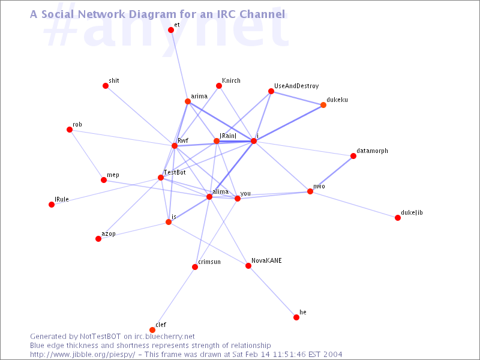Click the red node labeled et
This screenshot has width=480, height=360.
[171, 30]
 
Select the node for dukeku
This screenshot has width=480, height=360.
[323, 105]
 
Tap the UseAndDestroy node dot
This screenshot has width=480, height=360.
[271, 91]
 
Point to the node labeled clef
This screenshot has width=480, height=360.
[152, 330]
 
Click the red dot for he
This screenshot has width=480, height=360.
[296, 317]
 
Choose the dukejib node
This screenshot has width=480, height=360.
[398, 218]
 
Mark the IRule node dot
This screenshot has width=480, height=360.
[52, 205]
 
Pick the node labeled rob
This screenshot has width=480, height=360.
[70, 130]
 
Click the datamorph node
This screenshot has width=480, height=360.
[353, 156]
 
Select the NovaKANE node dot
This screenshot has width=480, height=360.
[248, 266]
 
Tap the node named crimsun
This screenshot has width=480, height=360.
[195, 267]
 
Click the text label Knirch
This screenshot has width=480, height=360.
[231, 80]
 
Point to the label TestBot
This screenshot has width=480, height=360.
[175, 172]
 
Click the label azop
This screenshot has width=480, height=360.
[108, 233]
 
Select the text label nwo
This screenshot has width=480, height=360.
[319, 186]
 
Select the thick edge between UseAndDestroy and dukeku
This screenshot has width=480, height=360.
[297, 98]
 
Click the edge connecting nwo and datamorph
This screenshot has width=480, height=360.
[332, 173]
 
